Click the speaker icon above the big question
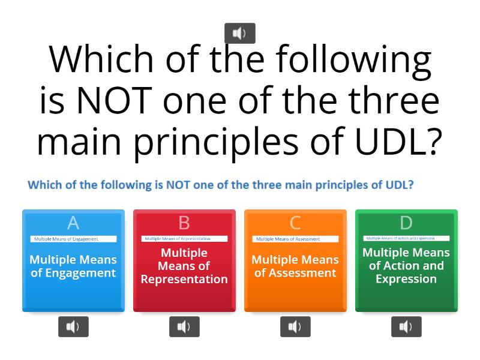239,34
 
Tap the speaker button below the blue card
73,326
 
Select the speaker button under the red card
184,326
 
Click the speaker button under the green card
406,326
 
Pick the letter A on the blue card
73,223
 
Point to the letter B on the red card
184,223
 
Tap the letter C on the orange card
295,223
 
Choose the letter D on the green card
406,223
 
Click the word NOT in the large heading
112,100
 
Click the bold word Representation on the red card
184,279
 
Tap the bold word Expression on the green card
406,279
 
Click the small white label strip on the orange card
295,239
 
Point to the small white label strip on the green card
406,238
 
